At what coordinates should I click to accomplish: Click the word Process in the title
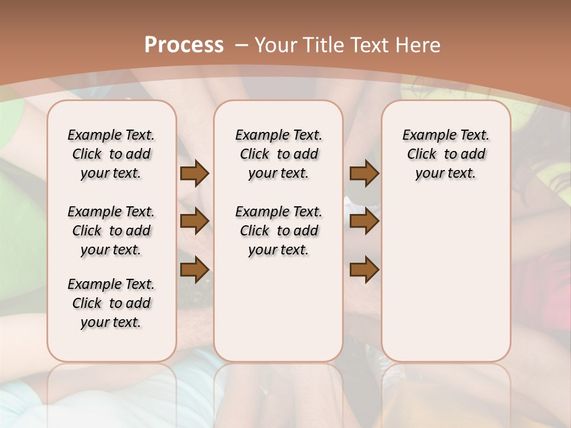(x=184, y=45)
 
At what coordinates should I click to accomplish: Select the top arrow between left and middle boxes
(x=194, y=173)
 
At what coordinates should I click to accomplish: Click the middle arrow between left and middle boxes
(x=194, y=221)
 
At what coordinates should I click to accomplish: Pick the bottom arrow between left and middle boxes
(x=194, y=270)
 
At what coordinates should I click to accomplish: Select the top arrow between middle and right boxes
(x=364, y=173)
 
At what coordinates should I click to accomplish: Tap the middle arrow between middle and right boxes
(x=364, y=221)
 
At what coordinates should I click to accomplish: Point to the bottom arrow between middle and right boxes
(x=364, y=270)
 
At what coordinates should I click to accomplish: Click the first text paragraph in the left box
(x=111, y=154)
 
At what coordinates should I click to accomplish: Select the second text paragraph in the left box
(x=111, y=231)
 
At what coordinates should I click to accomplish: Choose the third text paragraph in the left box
(x=111, y=303)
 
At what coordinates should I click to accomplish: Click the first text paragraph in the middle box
(x=278, y=154)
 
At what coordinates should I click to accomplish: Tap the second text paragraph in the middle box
(x=278, y=231)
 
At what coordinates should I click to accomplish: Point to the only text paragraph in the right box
(x=446, y=154)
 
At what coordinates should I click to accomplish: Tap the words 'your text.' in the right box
(x=446, y=173)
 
